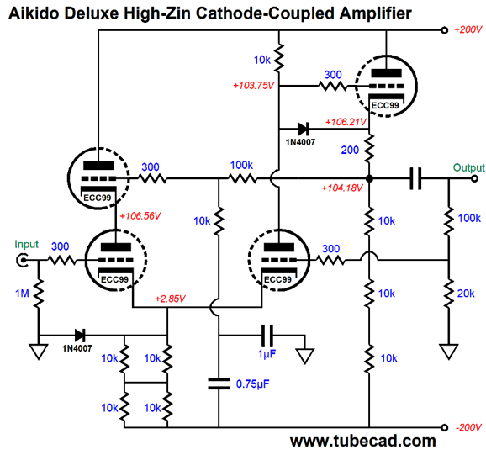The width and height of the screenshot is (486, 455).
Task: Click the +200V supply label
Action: point(468,29)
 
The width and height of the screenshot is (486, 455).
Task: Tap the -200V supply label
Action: point(468,428)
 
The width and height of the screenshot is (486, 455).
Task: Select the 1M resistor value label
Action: point(22,294)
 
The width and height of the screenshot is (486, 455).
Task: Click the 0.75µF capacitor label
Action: point(252,384)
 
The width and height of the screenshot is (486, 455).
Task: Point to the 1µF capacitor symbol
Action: point(267,336)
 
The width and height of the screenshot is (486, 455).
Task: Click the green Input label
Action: point(26,244)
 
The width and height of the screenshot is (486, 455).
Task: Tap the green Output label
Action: point(468,167)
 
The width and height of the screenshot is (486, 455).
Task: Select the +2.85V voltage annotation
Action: point(170,299)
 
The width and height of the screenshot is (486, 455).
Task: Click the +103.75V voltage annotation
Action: point(254,86)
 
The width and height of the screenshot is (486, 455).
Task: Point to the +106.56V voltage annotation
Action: point(140,215)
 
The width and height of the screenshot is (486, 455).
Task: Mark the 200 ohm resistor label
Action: point(350,150)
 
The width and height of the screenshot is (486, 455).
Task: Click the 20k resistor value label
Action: point(466,294)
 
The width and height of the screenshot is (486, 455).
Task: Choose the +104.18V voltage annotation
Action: point(342,188)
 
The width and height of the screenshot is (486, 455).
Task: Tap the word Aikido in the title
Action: point(34,13)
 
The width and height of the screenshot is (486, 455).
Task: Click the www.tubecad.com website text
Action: point(363,441)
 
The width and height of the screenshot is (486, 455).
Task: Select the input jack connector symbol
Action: point(22,260)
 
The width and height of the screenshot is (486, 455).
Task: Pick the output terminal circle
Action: point(474,178)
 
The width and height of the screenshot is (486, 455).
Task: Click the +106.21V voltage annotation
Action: point(346,122)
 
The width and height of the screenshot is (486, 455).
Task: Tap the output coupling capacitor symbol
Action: point(415,178)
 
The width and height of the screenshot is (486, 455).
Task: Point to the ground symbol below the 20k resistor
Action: point(448,352)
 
